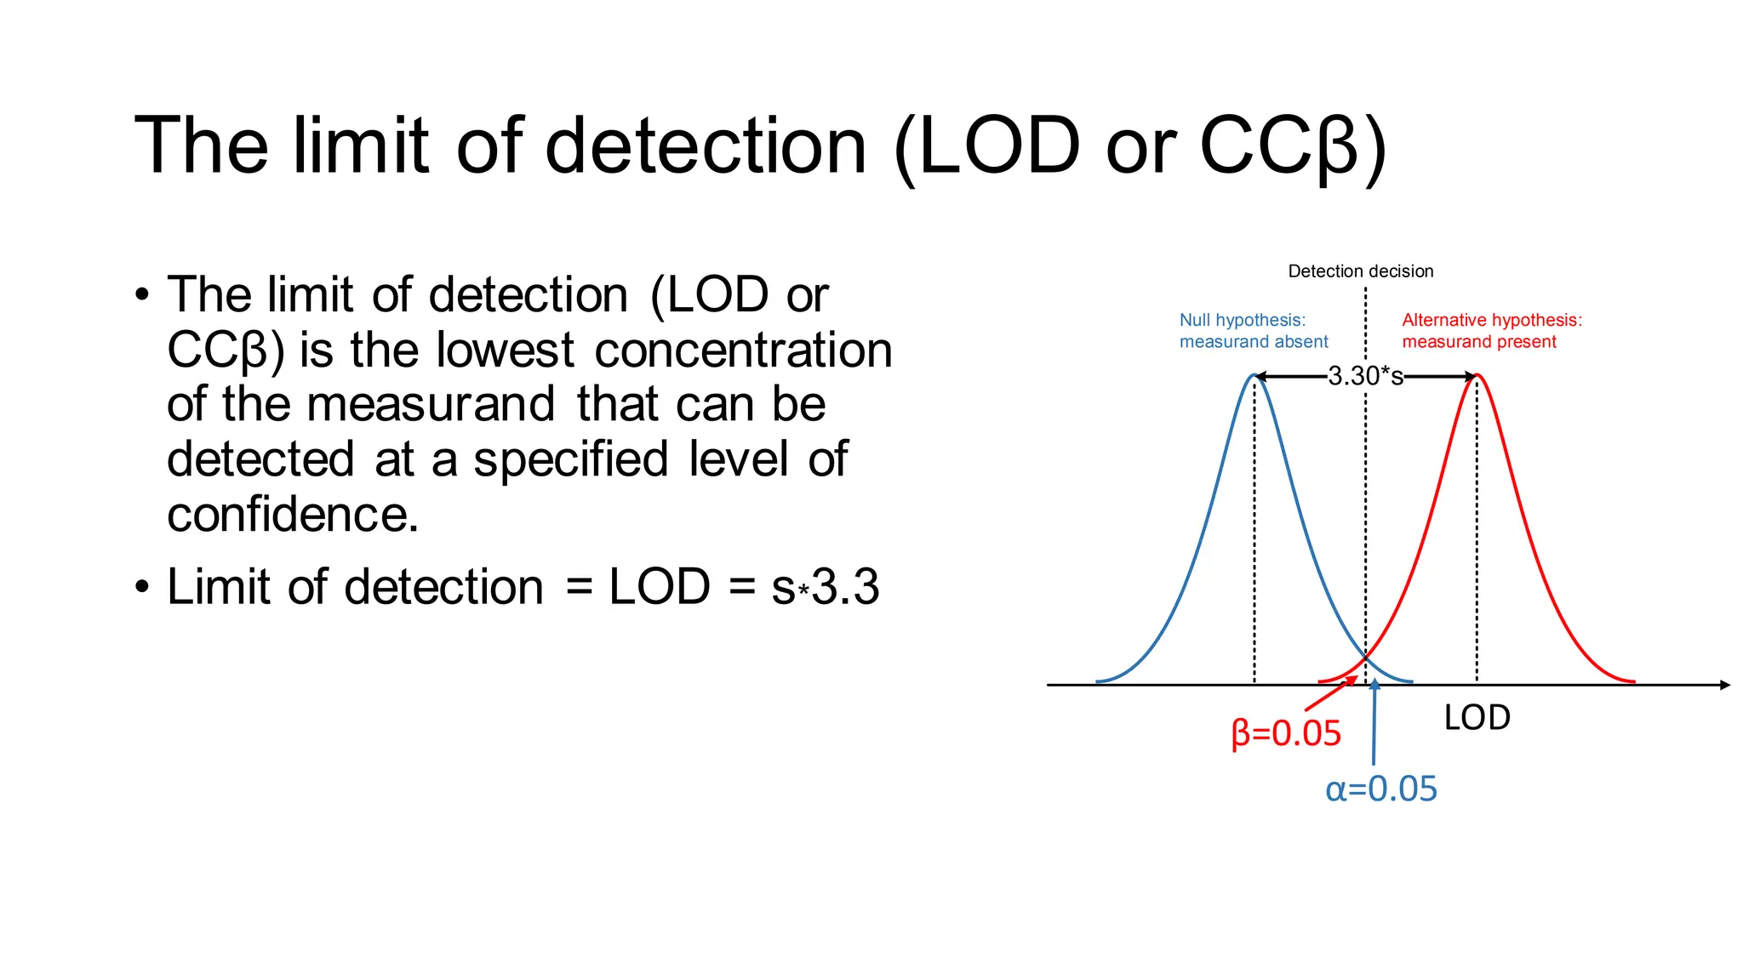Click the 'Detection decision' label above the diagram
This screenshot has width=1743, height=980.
(1360, 271)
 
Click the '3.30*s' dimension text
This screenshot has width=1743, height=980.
(1365, 376)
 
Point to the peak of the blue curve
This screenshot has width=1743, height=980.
(1254, 375)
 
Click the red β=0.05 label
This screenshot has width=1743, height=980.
(1286, 733)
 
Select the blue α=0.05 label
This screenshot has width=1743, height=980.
(1380, 789)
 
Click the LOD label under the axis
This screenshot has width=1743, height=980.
(1477, 718)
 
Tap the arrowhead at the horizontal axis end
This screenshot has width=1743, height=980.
(1724, 685)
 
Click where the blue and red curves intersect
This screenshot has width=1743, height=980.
(1366, 656)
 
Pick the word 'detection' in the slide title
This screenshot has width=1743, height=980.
(705, 145)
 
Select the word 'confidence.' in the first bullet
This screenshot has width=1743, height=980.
(293, 515)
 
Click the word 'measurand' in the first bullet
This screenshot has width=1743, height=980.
(431, 404)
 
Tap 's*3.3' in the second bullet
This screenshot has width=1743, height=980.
(825, 587)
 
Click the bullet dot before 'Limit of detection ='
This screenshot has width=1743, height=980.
(142, 588)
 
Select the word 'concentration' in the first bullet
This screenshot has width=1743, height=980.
(743, 350)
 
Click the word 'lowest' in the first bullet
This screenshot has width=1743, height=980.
(506, 350)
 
